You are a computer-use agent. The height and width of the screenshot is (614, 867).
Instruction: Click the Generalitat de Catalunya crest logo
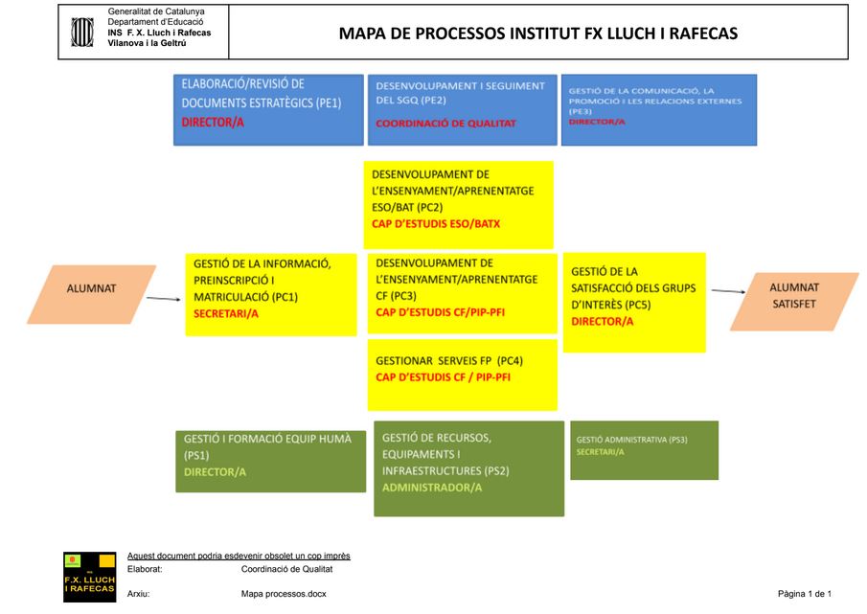[82, 31]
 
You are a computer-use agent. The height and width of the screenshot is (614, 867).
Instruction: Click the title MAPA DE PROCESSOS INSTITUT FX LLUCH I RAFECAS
[538, 34]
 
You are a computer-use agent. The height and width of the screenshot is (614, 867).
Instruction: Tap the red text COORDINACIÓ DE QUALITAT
[445, 124]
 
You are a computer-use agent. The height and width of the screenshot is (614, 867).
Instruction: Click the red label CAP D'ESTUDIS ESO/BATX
[436, 223]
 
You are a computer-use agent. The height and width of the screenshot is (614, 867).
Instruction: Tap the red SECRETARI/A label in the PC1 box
[226, 313]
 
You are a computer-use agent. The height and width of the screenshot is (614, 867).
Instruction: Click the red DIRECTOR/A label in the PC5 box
[602, 322]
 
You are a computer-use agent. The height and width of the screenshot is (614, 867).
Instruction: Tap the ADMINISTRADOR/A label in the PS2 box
[431, 488]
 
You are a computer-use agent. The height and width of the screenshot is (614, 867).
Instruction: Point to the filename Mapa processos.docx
[284, 594]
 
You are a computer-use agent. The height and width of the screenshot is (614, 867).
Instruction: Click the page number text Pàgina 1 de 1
[804, 594]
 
